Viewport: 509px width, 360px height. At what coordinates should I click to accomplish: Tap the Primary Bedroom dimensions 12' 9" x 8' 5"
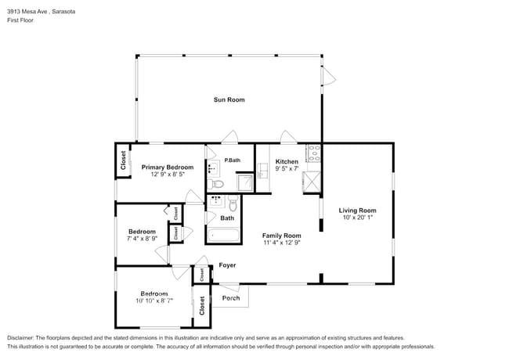point(167,175)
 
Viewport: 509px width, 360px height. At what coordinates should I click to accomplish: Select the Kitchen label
point(287,161)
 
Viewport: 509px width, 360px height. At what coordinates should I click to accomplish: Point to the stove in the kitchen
point(313,153)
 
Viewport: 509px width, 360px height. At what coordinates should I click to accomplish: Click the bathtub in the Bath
point(223,233)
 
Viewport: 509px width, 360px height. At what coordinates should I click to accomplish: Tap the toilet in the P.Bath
point(218,184)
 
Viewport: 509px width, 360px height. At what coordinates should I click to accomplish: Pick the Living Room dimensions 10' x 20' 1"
point(357,218)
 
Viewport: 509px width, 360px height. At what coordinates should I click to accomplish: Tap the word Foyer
point(227,265)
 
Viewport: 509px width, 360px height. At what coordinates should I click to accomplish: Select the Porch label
point(231,297)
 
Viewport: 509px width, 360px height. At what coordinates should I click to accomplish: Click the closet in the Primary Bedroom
point(123,160)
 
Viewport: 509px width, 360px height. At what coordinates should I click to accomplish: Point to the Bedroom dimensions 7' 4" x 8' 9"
point(143,239)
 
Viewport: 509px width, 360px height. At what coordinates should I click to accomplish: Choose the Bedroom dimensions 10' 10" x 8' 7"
point(153,301)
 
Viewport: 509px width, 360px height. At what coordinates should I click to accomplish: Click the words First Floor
point(20,20)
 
